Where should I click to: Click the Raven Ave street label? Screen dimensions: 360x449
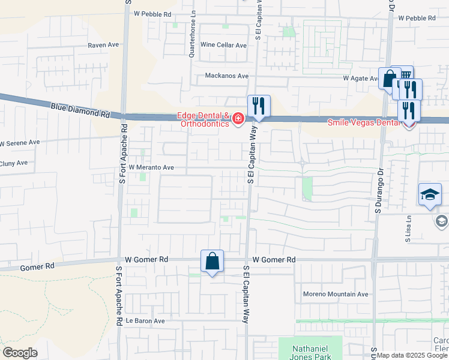pyautogui.click(x=104, y=45)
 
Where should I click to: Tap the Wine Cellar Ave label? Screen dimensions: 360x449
pyautogui.click(x=224, y=45)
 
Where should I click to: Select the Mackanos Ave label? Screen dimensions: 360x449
pyautogui.click(x=226, y=76)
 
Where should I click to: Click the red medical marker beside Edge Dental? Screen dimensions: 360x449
pyautogui.click(x=238, y=119)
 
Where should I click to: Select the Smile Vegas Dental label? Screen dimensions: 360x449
pyautogui.click(x=363, y=122)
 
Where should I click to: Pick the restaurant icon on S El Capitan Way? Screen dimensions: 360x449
pyautogui.click(x=259, y=106)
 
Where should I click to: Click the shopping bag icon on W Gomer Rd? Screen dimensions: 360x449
pyautogui.click(x=212, y=261)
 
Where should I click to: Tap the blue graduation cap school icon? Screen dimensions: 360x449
pyautogui.click(x=430, y=194)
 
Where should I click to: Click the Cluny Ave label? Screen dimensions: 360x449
pyautogui.click(x=14, y=163)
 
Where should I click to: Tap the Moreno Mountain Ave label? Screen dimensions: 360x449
pyautogui.click(x=336, y=295)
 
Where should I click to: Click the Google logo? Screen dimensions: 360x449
pyautogui.click(x=20, y=353)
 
